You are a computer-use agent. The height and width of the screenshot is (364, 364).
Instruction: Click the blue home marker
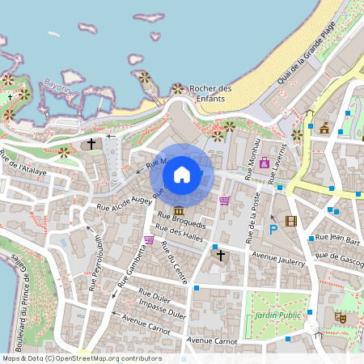coord(182,174)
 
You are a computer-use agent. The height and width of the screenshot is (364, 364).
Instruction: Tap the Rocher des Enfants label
coord(210,93)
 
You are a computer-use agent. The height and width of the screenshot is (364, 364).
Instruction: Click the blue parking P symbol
coord(273,230)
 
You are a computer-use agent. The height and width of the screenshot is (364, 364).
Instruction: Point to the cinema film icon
coord(291,221)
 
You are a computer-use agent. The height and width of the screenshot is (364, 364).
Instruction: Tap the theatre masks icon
coord(341,319)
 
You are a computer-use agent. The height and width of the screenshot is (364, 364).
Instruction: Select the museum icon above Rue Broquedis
coord(178,211)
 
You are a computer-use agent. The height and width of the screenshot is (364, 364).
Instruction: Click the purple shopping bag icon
coord(265,162)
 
